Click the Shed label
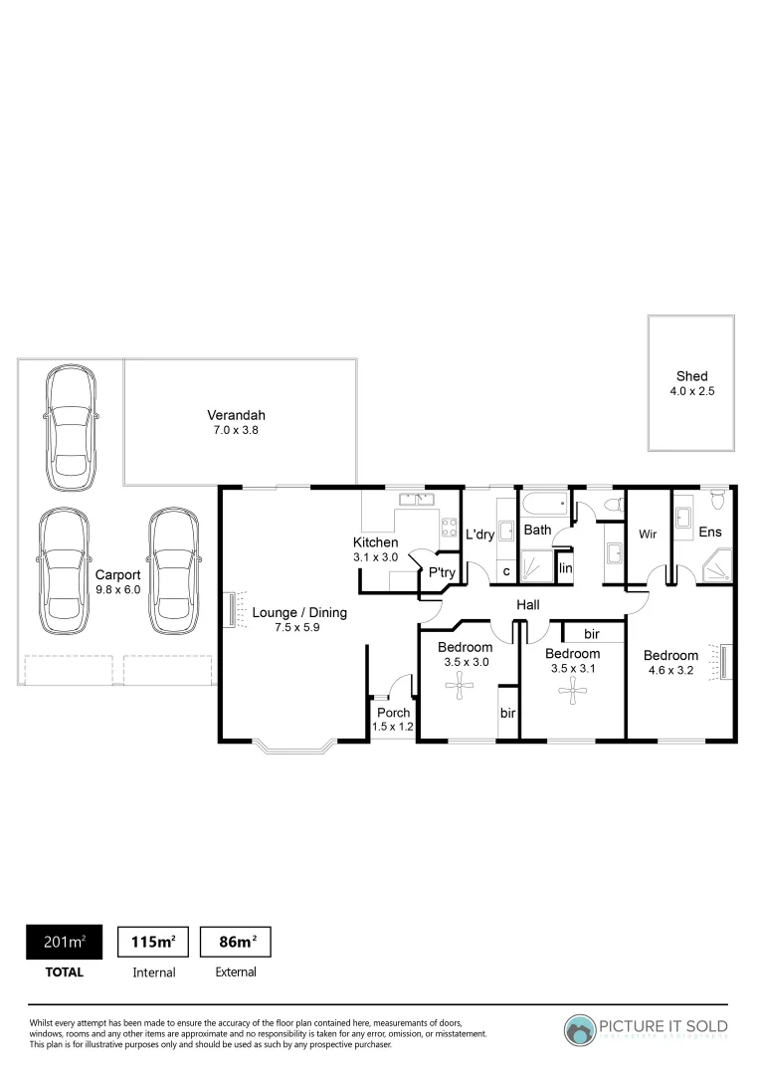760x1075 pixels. (692, 376)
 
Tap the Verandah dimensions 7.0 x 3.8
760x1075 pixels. (237, 431)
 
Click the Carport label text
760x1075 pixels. (117, 574)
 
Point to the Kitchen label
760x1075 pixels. (376, 541)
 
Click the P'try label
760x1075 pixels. (442, 572)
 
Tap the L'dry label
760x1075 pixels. (480, 535)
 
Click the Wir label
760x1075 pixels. (648, 535)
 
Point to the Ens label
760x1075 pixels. (710, 533)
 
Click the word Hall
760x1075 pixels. (527, 604)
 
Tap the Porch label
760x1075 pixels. (392, 713)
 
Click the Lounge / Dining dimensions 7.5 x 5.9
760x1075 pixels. (298, 628)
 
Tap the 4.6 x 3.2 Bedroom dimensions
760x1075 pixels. (670, 671)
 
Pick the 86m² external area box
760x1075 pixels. (236, 942)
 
